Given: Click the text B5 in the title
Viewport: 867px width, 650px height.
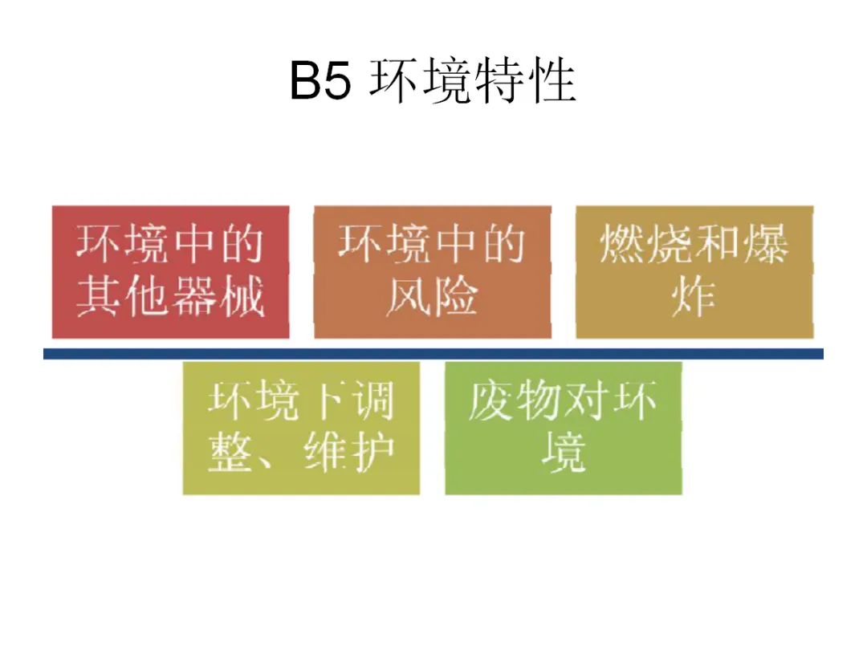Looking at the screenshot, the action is pos(320,83).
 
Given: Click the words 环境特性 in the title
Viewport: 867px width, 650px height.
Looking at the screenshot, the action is pos(472,82).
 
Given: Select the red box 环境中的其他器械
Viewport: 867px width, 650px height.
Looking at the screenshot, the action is pos(170,272).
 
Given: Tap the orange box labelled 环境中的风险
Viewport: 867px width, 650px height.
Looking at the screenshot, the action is pos(432,272).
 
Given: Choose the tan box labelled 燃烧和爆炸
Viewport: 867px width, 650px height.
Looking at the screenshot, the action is pos(694,272).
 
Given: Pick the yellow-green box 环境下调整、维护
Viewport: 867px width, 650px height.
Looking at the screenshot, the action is pos(301,428).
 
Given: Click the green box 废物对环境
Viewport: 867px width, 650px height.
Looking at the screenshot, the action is pos(564,428).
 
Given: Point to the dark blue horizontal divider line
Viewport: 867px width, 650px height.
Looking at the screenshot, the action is pos(433,353).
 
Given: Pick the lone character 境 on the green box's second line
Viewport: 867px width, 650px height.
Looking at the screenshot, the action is pos(564,453).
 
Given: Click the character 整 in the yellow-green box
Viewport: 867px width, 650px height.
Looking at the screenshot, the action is pos(230,453).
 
